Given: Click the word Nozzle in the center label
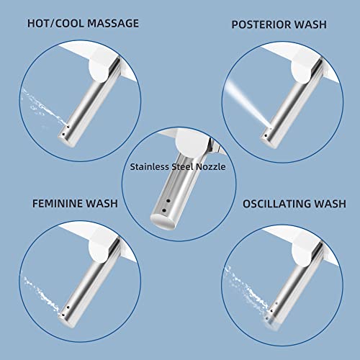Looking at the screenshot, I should [211, 164].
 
